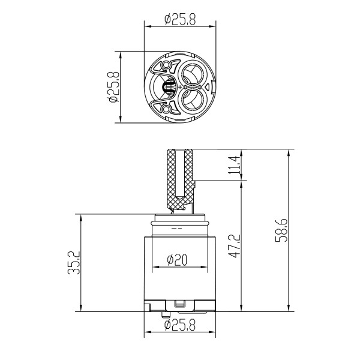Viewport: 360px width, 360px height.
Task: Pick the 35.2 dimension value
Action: tap(71, 263)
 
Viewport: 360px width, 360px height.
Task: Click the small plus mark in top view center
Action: tap(180, 88)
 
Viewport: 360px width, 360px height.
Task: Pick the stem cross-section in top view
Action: tap(169, 88)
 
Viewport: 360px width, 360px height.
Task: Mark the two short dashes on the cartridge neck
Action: tap(177, 229)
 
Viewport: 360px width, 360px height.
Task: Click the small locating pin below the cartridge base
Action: tap(165, 313)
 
